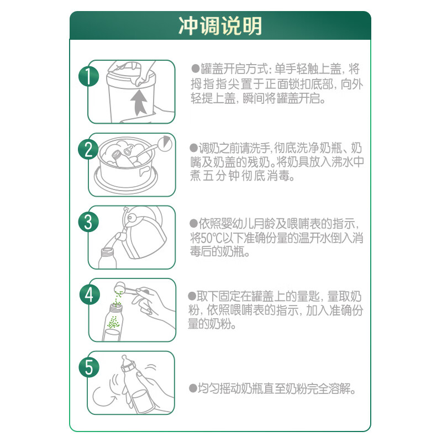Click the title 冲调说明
pos(220,26)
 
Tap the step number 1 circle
pos(88,76)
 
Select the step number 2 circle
pos(88,149)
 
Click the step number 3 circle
pos(88,222)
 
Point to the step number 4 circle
pos(88,294)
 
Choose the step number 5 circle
pos(88,367)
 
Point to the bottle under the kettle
pos(110,256)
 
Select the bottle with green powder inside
pos(114,323)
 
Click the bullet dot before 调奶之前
pos(193,148)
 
